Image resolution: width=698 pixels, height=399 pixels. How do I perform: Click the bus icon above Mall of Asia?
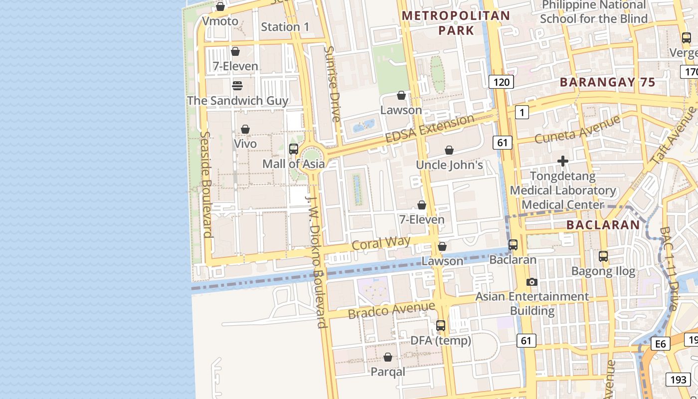294,149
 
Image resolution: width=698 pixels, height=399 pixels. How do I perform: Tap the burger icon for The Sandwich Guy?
237,86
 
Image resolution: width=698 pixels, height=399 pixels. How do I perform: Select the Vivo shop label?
245,144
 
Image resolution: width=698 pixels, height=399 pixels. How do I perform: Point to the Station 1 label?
285,27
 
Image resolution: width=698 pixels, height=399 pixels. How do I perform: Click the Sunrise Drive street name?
332,84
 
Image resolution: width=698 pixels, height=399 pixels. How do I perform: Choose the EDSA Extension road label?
429,129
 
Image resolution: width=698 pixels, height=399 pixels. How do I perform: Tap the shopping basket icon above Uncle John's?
449,150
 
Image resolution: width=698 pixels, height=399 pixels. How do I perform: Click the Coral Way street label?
381,243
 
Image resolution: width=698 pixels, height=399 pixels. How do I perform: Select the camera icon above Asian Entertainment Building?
532,282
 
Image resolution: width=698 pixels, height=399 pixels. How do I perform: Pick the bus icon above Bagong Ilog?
603,256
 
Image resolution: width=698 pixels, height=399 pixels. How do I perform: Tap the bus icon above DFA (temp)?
441,326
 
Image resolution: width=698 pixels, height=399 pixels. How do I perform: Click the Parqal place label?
388,372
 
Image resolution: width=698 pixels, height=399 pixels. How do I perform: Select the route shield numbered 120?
501,82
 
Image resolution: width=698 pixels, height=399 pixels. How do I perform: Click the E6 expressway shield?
661,344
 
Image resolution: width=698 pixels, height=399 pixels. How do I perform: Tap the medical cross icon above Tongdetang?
563,161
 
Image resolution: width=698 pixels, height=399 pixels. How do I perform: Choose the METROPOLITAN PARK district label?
456,23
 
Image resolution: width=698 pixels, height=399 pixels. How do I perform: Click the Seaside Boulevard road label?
206,185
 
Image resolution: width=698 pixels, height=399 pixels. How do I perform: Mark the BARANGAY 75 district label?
607,83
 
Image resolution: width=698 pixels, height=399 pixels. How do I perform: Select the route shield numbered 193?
678,380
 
